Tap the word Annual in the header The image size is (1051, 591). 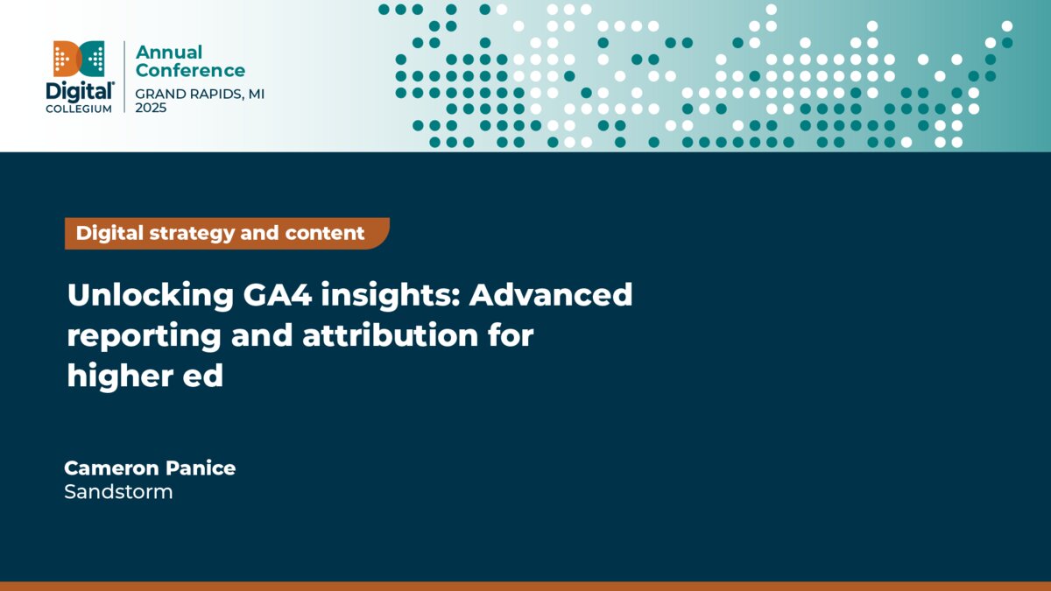coord(169,53)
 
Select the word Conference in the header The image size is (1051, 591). coord(190,71)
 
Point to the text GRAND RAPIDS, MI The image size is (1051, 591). coord(200,94)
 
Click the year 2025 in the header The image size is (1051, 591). coord(151,107)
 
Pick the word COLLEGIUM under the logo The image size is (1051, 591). coord(79,108)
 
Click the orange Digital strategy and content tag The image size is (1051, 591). coord(226,234)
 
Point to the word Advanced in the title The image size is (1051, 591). coord(551,295)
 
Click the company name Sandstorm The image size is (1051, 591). coord(118,492)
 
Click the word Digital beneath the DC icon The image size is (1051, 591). coord(79,90)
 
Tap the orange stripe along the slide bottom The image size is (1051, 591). coord(525,586)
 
